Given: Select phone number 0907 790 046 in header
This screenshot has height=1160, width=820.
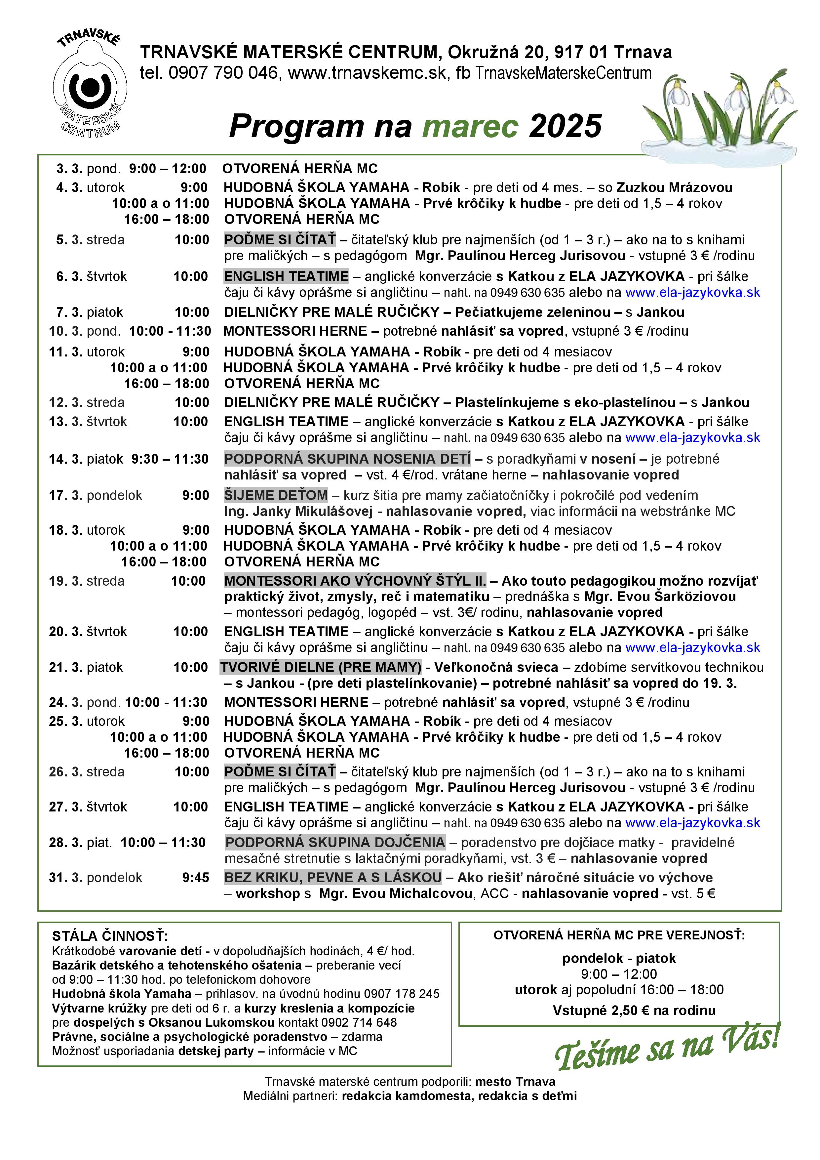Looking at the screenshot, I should [223, 73].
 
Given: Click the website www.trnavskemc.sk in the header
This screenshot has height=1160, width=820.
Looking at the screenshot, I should [367, 73].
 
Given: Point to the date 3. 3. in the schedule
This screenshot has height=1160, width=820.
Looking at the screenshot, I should [69, 169].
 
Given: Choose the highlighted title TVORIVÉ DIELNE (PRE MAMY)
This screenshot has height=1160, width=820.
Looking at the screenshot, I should [321, 667].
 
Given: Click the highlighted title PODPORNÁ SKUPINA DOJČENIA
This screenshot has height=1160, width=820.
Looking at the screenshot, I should [335, 843].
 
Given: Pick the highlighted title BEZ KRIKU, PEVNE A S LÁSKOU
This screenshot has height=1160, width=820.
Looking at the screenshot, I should [333, 878].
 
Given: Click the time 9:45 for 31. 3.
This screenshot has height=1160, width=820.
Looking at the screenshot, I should [195, 878].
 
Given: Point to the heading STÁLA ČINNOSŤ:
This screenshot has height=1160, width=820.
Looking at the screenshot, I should [110, 936].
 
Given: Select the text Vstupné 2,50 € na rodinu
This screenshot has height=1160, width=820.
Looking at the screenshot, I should [634, 1011].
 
